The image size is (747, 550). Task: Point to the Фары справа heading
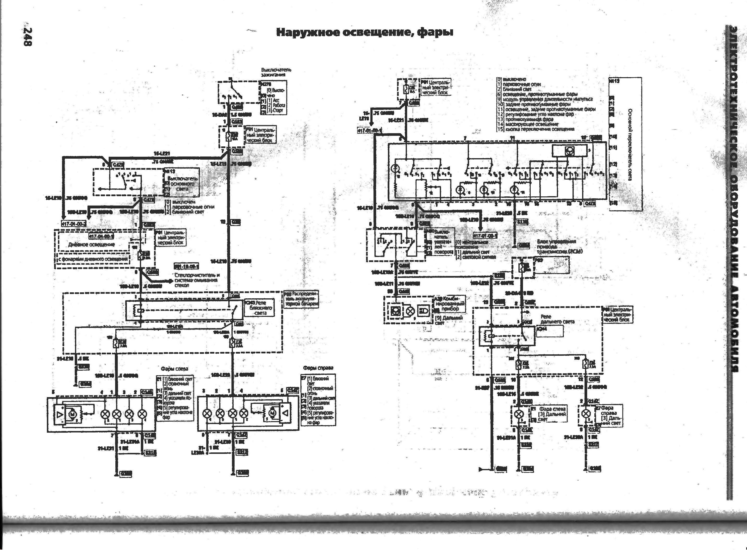(318, 368)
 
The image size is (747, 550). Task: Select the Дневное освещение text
(92, 244)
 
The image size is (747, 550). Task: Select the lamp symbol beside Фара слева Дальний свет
(518, 414)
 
